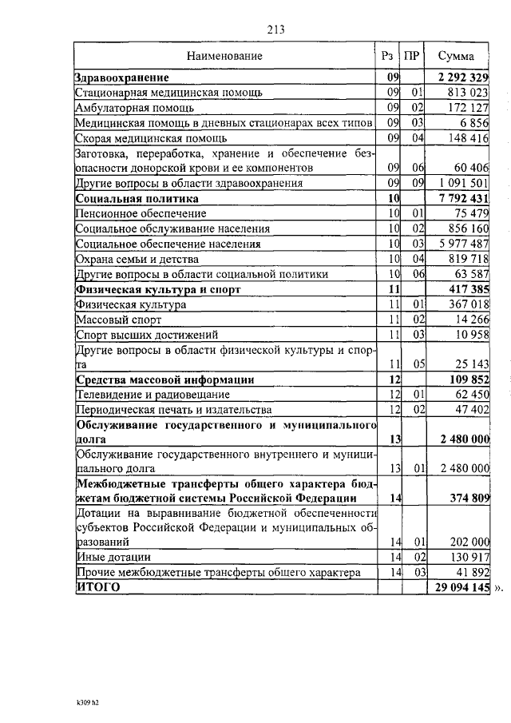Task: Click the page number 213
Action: click(276, 30)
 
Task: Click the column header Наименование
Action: click(224, 56)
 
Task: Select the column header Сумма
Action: click(455, 56)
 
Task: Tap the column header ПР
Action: click(411, 56)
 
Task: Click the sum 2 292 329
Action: click(462, 78)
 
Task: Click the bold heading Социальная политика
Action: click(137, 198)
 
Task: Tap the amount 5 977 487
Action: click(462, 244)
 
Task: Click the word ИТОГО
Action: click(97, 587)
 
